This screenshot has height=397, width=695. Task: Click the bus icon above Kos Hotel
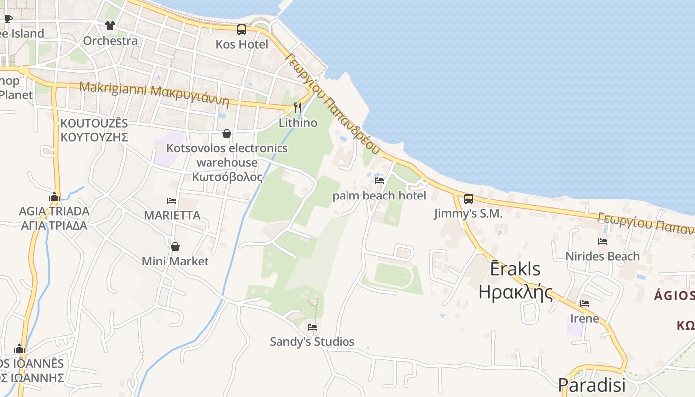(242, 30)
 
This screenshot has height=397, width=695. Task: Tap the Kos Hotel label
(242, 44)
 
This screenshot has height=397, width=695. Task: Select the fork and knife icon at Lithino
(298, 107)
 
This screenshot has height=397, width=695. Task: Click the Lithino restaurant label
(298, 122)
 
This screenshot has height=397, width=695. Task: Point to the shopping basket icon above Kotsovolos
(227, 133)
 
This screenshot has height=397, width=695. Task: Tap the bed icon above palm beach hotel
(379, 181)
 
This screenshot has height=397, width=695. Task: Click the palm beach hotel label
(379, 196)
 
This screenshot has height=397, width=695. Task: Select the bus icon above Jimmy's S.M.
(468, 199)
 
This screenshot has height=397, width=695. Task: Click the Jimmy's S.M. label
(468, 214)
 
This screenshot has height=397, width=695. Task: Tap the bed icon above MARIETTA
(172, 201)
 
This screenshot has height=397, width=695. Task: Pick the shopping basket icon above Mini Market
(175, 246)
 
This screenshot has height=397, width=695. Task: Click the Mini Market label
(175, 261)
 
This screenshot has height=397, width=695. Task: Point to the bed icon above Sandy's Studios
(312, 327)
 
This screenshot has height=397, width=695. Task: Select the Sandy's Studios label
(312, 341)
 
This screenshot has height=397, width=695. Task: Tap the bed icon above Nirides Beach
(603, 242)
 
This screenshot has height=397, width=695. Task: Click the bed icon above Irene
(585, 303)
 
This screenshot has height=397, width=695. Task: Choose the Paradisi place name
(591, 385)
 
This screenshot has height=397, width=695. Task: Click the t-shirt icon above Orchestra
(110, 26)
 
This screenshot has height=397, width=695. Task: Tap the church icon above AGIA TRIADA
(54, 197)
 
